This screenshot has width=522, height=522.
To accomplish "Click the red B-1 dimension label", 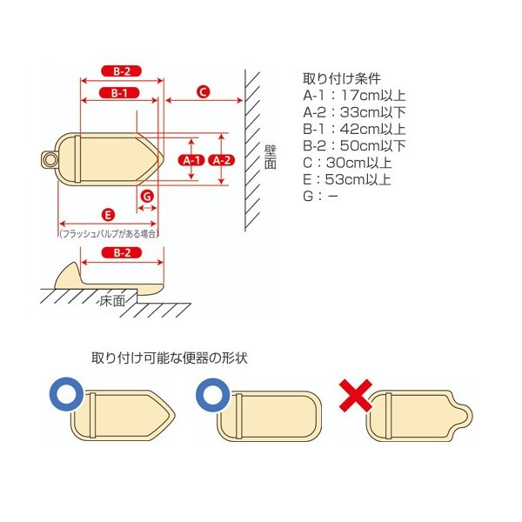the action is tap(119, 93).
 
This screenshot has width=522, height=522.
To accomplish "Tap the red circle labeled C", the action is tap(203, 91).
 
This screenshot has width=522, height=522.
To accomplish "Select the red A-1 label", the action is tap(191, 160).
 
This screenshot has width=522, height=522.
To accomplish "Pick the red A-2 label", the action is tap(222, 160).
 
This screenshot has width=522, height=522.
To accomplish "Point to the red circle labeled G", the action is tap(147, 196).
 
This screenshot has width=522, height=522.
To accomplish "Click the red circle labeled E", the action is tap(108, 215).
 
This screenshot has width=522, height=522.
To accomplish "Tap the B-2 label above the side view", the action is tap(122, 252).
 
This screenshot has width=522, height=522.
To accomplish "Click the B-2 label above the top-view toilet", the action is tap(122, 71).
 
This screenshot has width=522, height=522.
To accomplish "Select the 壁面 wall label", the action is tap(270, 157).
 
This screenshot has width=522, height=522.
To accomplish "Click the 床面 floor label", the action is tap(112, 301).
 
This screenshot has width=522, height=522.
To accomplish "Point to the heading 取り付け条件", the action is tap(342, 78).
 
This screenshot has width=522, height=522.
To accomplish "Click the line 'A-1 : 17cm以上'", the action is tap(354, 96).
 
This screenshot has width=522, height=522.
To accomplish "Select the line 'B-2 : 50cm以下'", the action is tap(354, 146).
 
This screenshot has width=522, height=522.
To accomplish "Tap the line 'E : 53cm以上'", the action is tap(347, 179).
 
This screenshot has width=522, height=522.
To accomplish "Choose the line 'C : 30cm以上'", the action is tap(347, 163).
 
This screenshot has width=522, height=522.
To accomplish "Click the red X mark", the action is tap(356, 396).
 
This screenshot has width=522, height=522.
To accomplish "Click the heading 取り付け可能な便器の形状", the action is tap(170, 358).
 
